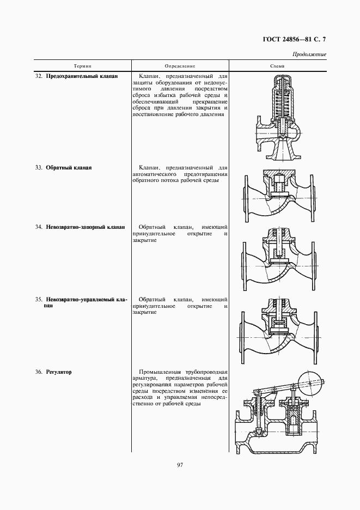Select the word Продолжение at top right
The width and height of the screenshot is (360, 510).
pos(309,54)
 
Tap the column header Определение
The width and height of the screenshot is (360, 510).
pos(179,66)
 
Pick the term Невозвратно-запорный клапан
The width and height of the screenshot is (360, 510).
pos(86,227)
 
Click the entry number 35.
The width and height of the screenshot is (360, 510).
pos(39,300)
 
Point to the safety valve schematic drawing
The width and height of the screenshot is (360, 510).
pos(277,120)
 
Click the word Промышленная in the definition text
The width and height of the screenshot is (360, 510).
pos(159,372)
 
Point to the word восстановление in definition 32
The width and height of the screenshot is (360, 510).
pos(154,114)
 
